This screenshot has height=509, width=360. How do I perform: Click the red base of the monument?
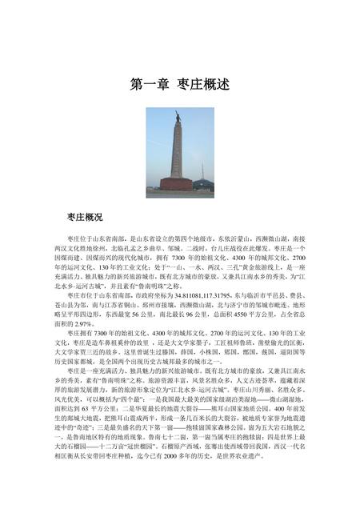(x=176, y=184)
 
